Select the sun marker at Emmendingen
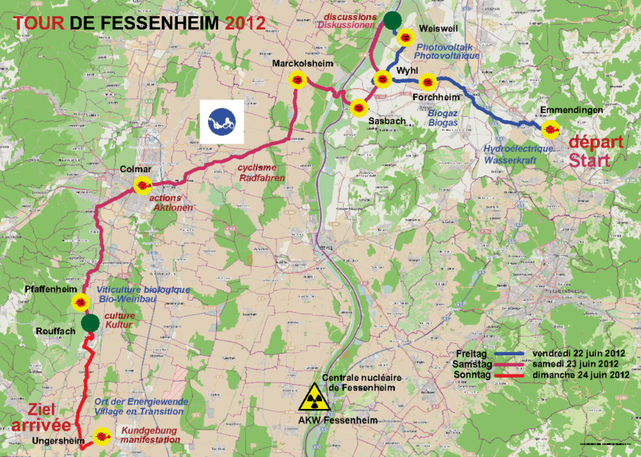(x=550, y=129)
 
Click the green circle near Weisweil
(x=392, y=21)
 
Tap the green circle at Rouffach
(x=90, y=322)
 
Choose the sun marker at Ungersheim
(x=103, y=437)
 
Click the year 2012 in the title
(x=244, y=22)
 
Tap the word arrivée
(x=40, y=425)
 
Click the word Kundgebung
(x=151, y=431)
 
